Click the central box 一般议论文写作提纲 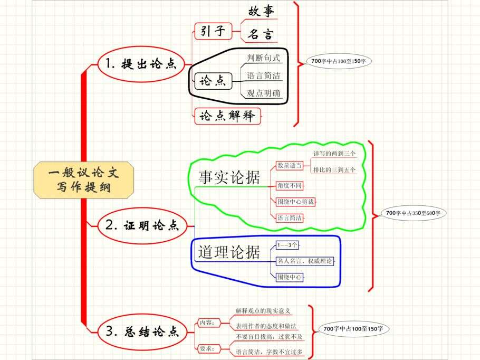point(83,179)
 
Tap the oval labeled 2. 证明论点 point(142,226)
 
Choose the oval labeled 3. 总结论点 point(142,331)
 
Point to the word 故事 point(261,11)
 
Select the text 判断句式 point(263,58)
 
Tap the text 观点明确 point(264,93)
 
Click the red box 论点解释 point(228,116)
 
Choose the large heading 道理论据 point(229,252)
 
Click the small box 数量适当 point(290,166)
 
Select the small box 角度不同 point(290,186)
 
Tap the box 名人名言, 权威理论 point(305,261)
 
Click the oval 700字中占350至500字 point(416,213)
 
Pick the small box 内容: point(206,323)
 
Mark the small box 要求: point(206,348)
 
